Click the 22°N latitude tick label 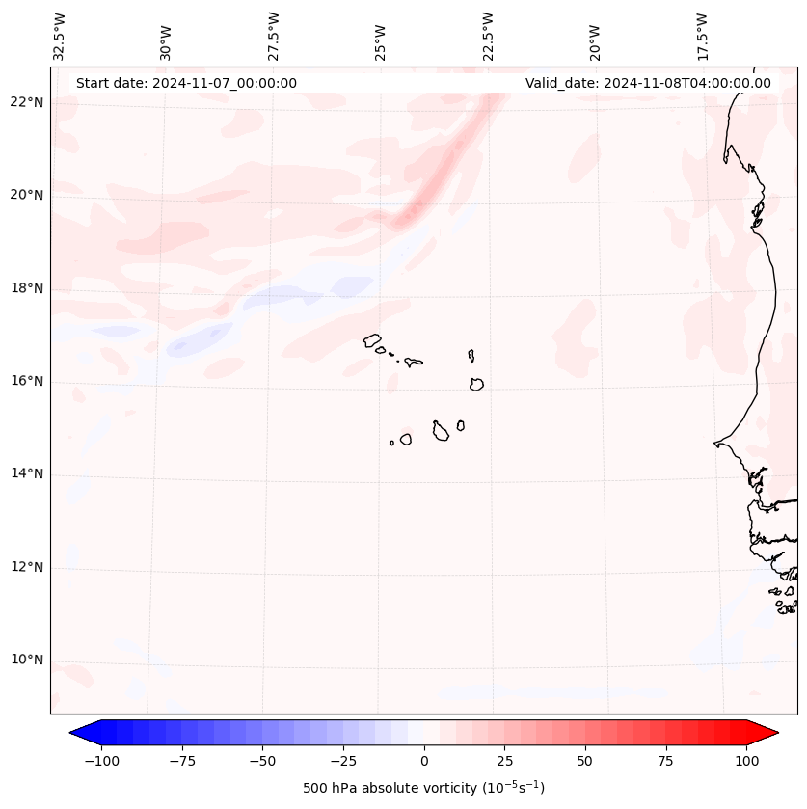27,103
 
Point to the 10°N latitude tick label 27,661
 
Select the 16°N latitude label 27,382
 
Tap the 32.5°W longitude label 60,36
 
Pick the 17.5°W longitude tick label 703,36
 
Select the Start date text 186,83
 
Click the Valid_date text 648,83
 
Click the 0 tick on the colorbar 424,761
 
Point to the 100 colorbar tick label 747,761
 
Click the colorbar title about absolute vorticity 423,788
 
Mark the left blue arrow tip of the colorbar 71,733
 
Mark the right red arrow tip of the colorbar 777,733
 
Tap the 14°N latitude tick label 27,474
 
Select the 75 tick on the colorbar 666,761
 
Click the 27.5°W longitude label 275,36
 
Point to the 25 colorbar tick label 505,761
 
